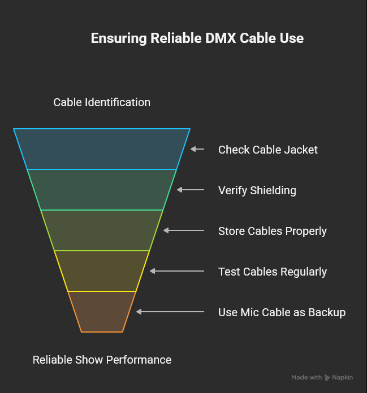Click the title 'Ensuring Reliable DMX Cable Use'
coord(197,38)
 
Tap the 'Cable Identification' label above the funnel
coord(102,102)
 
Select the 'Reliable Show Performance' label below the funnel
coord(102,360)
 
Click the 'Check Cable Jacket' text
coord(267,150)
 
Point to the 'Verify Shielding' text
coord(257,190)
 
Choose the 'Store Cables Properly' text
coord(272,231)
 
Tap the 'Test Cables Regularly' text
coord(272,272)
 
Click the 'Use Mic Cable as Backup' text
coord(282,312)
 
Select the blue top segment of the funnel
coord(102,149)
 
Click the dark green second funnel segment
coord(102,190)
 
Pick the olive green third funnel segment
coord(102,230)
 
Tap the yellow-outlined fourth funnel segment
coord(102,271)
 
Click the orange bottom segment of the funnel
coord(102,312)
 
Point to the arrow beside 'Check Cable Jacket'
coord(197,149)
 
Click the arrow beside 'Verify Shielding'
coord(190,190)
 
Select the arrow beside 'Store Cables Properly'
coord(183,230)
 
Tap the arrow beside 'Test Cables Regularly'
coord(176,271)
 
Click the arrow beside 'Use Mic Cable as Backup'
coord(170,312)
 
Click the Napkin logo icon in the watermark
coord(327,378)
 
